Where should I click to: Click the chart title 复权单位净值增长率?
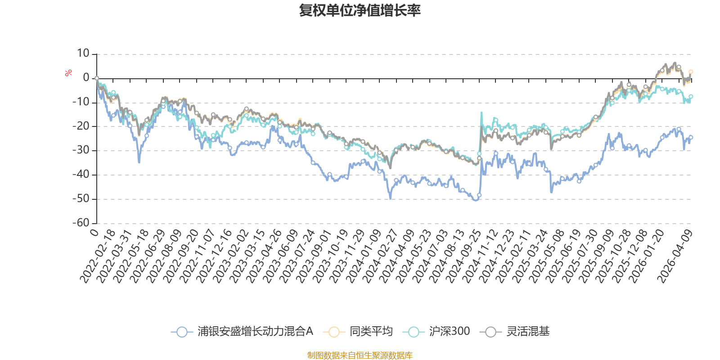pos(360,11)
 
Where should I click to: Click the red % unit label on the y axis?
pos(68,73)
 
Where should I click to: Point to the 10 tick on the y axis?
pos(83,54)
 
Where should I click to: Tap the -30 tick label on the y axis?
pos(81,150)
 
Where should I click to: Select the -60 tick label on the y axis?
pos(81,223)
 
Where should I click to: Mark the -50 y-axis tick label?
pos(81,198)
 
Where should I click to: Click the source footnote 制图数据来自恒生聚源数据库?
pos(360,355)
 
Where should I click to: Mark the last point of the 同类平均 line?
pos(691,72)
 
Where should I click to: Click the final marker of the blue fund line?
pos(691,137)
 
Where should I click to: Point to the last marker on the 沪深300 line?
pos(691,96)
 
